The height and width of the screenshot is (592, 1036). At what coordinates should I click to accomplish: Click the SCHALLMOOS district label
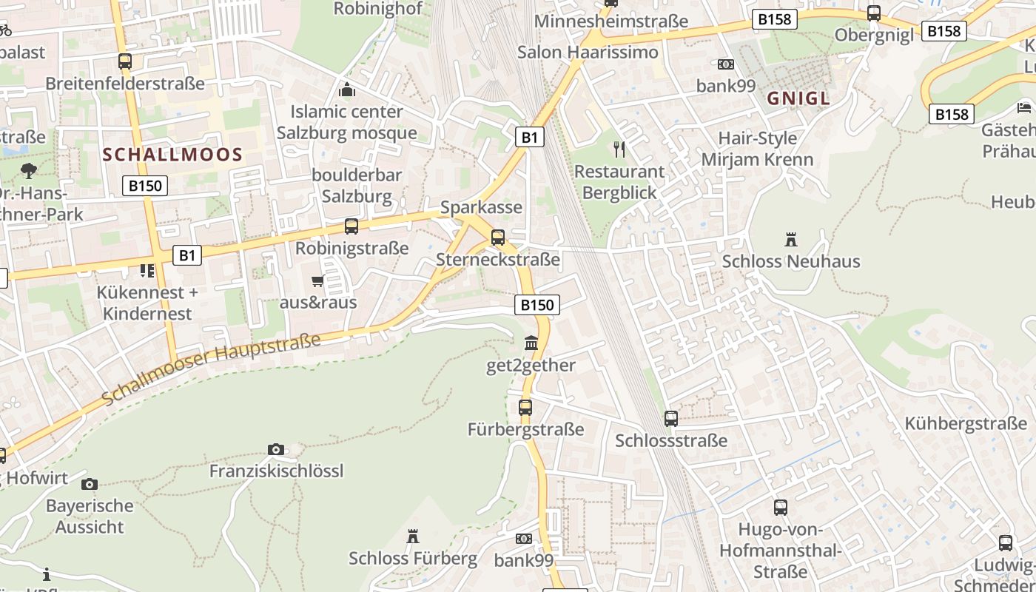point(172,155)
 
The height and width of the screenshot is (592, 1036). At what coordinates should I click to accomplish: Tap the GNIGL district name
point(798,98)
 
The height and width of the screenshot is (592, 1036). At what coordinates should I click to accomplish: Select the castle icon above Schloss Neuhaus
point(791,240)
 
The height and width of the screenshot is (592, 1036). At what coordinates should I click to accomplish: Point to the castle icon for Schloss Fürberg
point(413,536)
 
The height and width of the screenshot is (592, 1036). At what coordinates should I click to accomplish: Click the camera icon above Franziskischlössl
point(276,449)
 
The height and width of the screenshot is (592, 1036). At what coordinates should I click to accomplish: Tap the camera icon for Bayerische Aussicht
point(90,485)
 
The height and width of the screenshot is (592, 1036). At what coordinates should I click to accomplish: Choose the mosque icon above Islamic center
point(346,90)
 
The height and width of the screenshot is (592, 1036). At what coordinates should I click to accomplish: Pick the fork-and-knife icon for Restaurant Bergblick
point(619,149)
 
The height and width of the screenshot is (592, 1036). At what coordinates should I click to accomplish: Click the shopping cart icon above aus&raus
point(318,281)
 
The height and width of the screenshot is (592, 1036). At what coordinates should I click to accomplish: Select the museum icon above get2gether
point(531,343)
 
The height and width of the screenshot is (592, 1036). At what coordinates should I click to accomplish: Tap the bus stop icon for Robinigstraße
point(351,226)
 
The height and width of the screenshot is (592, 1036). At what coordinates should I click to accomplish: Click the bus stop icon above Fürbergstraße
point(525,407)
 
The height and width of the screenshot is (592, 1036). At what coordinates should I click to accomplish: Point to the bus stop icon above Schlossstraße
point(671,419)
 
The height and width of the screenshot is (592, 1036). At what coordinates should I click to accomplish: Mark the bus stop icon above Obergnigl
point(874,13)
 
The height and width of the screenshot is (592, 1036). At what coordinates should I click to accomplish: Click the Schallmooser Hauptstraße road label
point(211,369)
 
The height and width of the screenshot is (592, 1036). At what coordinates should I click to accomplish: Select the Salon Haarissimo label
point(588,52)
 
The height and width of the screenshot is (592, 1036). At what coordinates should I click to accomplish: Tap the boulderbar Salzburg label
point(357,186)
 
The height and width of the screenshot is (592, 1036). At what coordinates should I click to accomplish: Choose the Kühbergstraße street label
point(966,424)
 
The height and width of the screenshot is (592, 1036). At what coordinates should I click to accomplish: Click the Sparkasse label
point(481,207)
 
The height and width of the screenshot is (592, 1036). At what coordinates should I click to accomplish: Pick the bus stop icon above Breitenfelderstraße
point(125,61)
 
